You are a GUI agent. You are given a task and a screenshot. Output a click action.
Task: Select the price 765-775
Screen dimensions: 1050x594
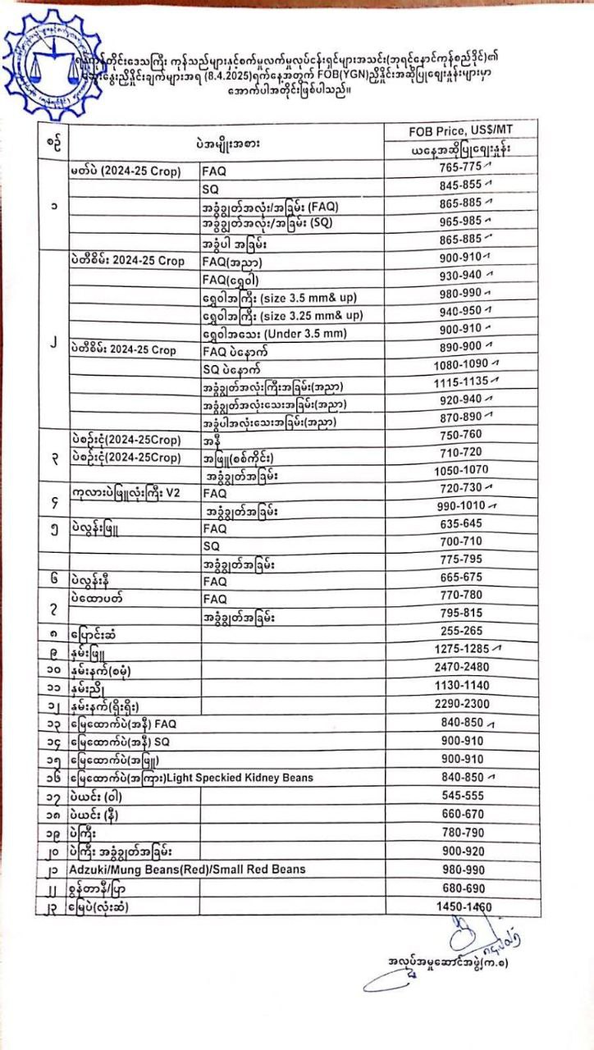[x=459, y=167]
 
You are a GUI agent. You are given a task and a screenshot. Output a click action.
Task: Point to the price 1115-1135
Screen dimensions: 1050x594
[x=460, y=381]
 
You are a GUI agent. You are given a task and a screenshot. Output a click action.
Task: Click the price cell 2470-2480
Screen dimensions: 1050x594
[x=460, y=666]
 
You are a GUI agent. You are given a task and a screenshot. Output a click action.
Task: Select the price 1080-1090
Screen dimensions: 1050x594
[x=460, y=363]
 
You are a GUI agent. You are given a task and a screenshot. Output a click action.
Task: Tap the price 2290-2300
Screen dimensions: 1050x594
[x=460, y=703]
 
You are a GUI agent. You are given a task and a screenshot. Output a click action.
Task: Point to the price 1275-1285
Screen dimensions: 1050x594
[x=460, y=648]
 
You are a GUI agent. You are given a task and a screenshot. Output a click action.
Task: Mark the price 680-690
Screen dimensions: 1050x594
[x=460, y=888]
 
